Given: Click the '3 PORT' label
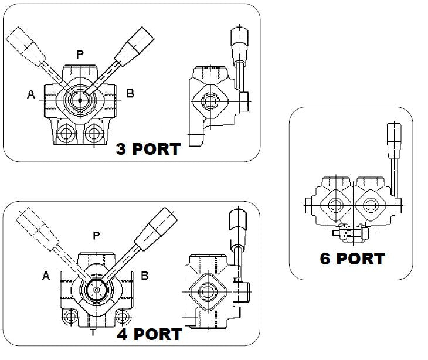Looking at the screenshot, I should (x=148, y=149).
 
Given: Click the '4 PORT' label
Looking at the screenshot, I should (x=149, y=334).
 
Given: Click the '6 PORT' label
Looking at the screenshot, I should (x=352, y=259).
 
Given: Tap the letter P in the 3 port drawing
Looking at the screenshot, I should (x=80, y=55).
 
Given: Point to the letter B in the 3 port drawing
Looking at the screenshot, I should (x=131, y=93).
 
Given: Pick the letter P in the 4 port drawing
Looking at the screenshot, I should (x=97, y=235).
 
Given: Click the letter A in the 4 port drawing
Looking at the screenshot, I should (x=46, y=275).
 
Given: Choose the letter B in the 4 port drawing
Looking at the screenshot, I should (x=145, y=275).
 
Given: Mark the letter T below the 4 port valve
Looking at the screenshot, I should (x=93, y=332).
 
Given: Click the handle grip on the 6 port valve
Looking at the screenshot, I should (x=392, y=141).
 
